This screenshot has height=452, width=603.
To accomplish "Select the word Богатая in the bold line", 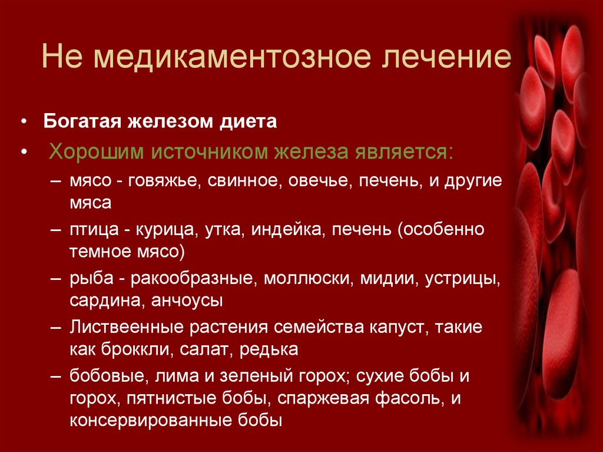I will (81, 122).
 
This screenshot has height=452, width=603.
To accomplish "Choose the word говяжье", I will (161, 180).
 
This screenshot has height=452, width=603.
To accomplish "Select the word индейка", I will (285, 229).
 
